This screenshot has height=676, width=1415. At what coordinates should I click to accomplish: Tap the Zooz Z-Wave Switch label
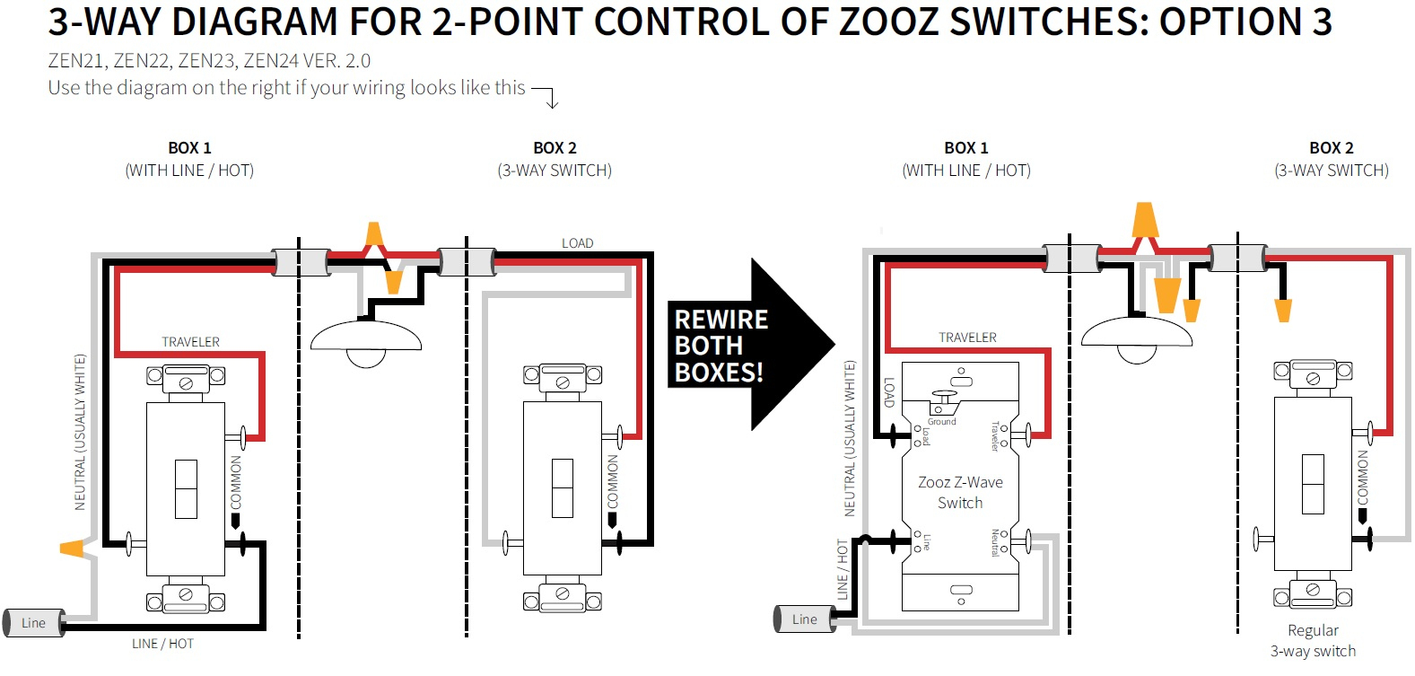coord(960,492)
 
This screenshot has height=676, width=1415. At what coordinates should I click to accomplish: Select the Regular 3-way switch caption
coord(1313,641)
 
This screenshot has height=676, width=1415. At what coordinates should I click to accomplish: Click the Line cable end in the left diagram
coord(34,622)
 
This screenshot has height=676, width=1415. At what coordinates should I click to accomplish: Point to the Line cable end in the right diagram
coord(804,619)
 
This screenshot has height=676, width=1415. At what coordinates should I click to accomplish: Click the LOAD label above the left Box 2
coord(577,243)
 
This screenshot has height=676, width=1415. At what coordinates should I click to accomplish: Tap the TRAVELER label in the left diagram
coord(190,342)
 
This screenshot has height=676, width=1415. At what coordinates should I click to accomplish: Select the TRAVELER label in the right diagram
coord(967,338)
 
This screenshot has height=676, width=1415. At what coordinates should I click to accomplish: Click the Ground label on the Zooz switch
coord(941,421)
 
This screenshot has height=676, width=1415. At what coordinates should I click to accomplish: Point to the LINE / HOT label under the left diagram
coord(162,644)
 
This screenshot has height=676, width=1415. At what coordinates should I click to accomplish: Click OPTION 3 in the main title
coord(1245,22)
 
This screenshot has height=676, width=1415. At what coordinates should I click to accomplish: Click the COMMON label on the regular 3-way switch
coord(1363,477)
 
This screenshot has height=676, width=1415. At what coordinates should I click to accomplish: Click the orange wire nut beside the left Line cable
coord(73,547)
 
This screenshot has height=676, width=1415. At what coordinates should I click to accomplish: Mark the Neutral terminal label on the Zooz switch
coord(995,542)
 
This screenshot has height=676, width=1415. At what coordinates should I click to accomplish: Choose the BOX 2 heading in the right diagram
coord(1331,148)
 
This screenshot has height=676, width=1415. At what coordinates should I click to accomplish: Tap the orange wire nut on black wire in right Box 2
coord(1283,310)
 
